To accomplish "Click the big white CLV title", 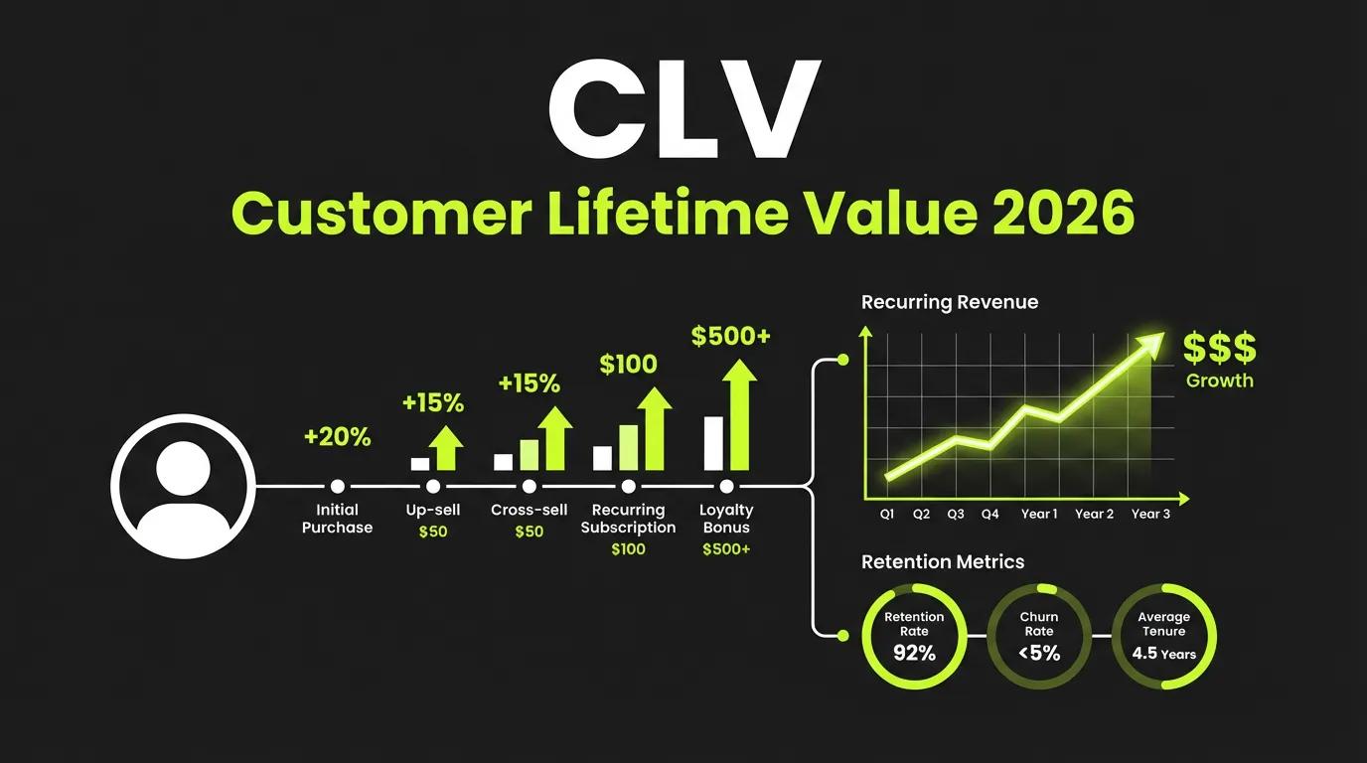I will pyautogui.click(x=683, y=111).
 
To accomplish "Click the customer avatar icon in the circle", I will pyautogui.click(x=184, y=487).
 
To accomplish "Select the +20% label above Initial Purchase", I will pyautogui.click(x=337, y=436).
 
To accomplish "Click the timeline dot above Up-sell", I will pyautogui.click(x=433, y=487).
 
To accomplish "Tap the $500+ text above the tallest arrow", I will pyautogui.click(x=730, y=337).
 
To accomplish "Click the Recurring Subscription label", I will pyautogui.click(x=628, y=519).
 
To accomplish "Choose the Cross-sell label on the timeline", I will pyautogui.click(x=529, y=510).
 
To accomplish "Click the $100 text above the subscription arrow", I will pyautogui.click(x=628, y=365).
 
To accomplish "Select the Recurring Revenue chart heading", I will pyautogui.click(x=949, y=302).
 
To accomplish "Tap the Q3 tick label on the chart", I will pyautogui.click(x=956, y=515).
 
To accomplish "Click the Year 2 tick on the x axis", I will pyautogui.click(x=1095, y=515).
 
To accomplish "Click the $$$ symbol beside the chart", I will pyautogui.click(x=1220, y=350).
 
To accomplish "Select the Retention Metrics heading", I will pyautogui.click(x=942, y=562).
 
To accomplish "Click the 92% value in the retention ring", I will pyautogui.click(x=913, y=653).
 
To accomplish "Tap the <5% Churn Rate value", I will pyautogui.click(x=1039, y=653).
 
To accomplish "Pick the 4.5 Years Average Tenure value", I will pyautogui.click(x=1163, y=654).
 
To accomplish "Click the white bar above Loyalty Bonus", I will pyautogui.click(x=713, y=443).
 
